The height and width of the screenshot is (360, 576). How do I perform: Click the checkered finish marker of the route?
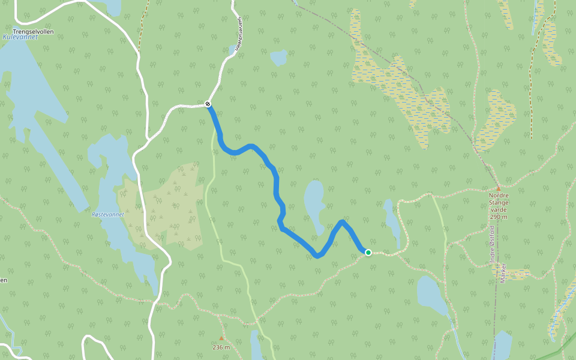click(208, 104)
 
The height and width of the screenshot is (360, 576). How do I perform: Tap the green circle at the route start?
click(368, 253)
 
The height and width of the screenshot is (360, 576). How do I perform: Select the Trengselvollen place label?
click(34, 31)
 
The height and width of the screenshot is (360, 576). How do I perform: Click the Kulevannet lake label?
click(20, 37)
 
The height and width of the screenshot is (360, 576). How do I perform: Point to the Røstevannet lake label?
click(108, 214)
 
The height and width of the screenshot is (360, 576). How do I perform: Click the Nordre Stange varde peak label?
click(499, 202)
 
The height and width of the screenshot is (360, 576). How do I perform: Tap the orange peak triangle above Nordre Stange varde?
click(498, 188)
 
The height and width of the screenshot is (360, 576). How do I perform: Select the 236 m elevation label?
click(221, 347)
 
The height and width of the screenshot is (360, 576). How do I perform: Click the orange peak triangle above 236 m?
click(221, 338)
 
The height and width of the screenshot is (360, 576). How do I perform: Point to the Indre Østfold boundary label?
click(492, 245)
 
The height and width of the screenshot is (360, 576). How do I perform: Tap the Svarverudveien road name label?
click(237, 38)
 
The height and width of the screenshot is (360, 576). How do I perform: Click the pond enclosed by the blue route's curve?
click(314, 202)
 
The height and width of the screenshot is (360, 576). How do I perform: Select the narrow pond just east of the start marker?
click(392, 224)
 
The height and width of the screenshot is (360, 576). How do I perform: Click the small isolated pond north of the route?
click(278, 58)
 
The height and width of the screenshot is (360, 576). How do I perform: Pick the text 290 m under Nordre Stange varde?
click(499, 217)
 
